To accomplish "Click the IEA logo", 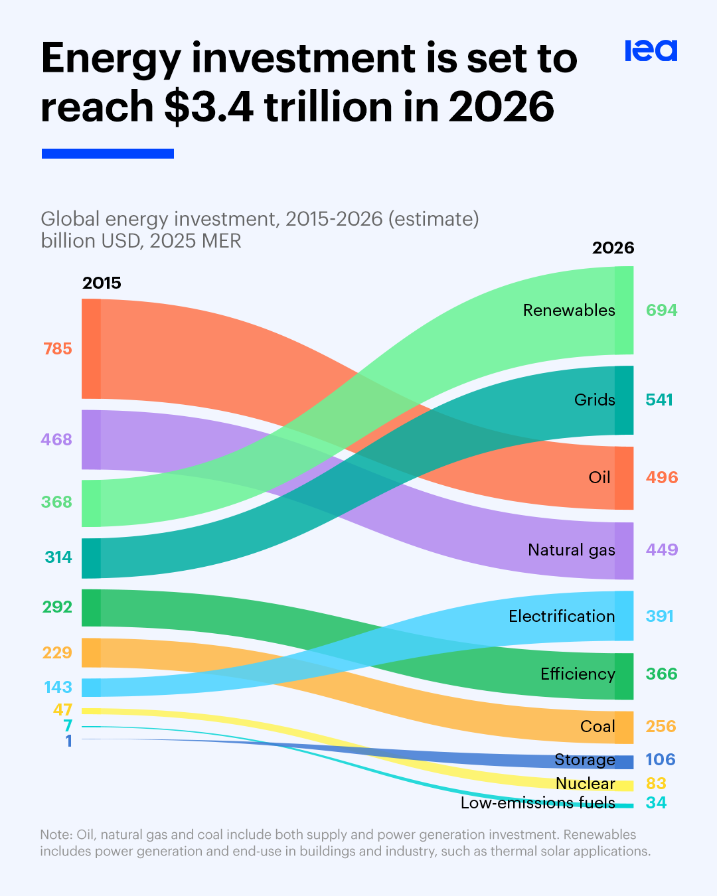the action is [651, 50].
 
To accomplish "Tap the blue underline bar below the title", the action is [108, 153].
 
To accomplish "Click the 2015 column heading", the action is [102, 283].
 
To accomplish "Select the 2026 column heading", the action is [613, 248].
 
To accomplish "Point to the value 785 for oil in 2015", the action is [58, 349].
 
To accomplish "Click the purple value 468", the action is [56, 439].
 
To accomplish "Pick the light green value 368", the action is [56, 502].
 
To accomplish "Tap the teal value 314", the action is [58, 557].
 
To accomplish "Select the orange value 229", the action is [57, 653].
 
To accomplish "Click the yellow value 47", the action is [62, 709].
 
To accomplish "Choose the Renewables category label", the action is [569, 311].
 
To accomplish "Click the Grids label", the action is [594, 400].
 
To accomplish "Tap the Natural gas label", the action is [571, 550].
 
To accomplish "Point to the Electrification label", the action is [562, 616].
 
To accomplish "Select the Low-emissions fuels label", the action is [538, 802].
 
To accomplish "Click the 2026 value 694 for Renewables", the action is [662, 310].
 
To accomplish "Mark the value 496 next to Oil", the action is [662, 478].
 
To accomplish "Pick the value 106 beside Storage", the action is [661, 760].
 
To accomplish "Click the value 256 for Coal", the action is [661, 727].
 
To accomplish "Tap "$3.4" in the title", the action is [209, 107].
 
